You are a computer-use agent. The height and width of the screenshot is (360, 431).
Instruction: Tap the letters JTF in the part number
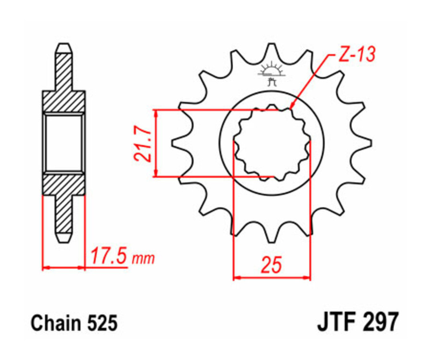point(335,323)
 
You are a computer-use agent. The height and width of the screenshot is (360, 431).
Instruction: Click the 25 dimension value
point(271,265)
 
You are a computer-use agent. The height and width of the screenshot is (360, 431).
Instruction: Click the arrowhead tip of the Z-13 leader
point(292,107)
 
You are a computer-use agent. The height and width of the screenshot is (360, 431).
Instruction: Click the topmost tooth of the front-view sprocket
point(272,48)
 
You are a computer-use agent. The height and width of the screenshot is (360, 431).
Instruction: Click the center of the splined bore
point(272,142)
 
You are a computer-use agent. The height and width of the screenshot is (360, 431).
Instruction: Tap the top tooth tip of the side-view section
point(64,47)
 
